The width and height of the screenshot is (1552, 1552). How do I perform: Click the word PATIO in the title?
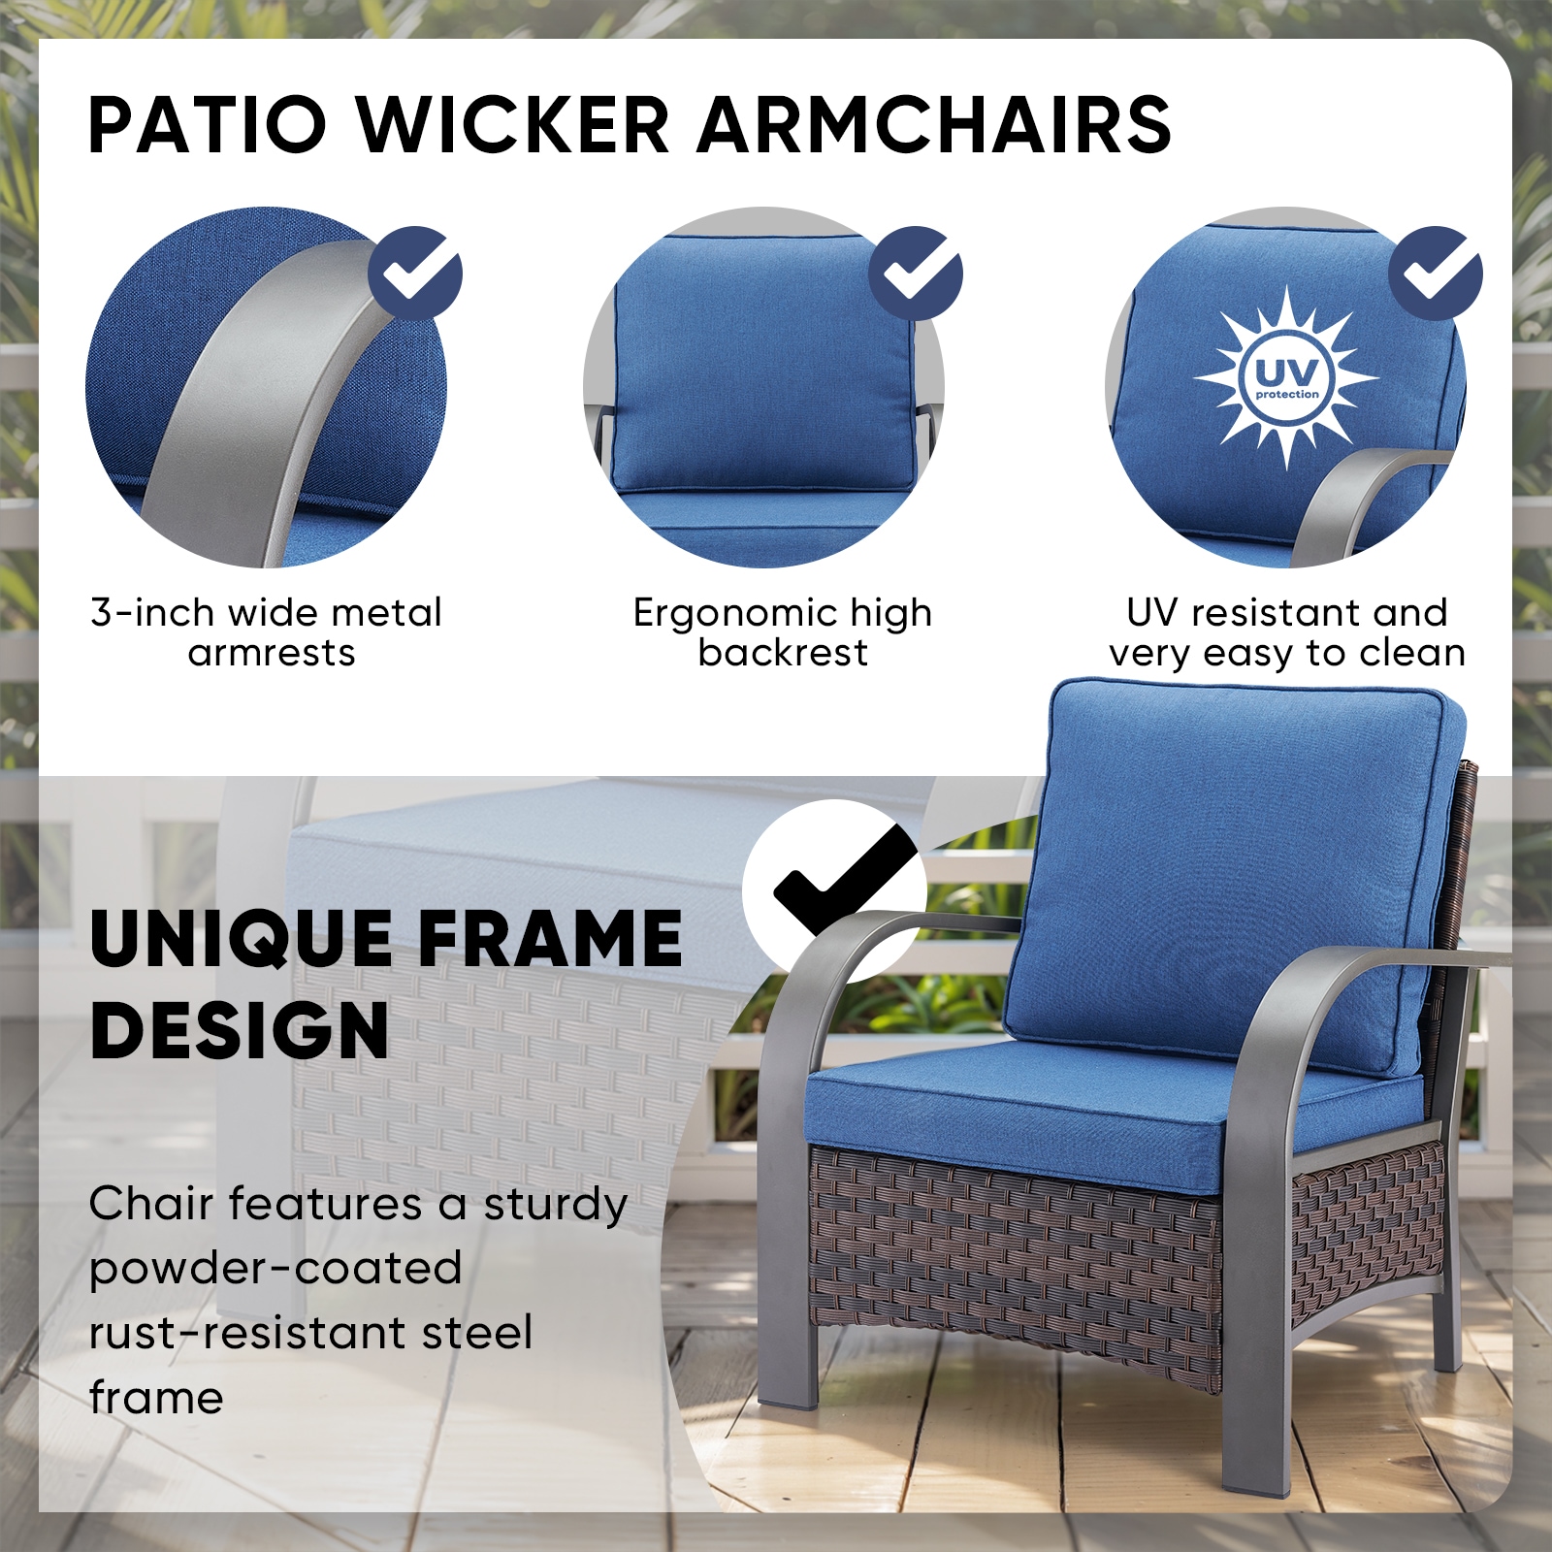(x=208, y=125)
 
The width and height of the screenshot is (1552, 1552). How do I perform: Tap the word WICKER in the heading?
(x=513, y=125)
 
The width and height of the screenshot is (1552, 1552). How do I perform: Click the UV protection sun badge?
(x=1286, y=377)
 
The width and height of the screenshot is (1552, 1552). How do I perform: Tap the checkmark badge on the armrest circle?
(x=415, y=274)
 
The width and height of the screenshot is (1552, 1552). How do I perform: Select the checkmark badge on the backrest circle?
(x=916, y=274)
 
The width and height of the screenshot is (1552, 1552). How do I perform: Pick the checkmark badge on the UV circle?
(x=1436, y=274)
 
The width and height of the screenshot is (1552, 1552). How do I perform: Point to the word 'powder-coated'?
(x=275, y=1269)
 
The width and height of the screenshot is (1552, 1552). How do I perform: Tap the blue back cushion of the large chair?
(x=1232, y=873)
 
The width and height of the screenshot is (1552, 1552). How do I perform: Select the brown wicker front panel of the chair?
(x=1009, y=1261)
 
